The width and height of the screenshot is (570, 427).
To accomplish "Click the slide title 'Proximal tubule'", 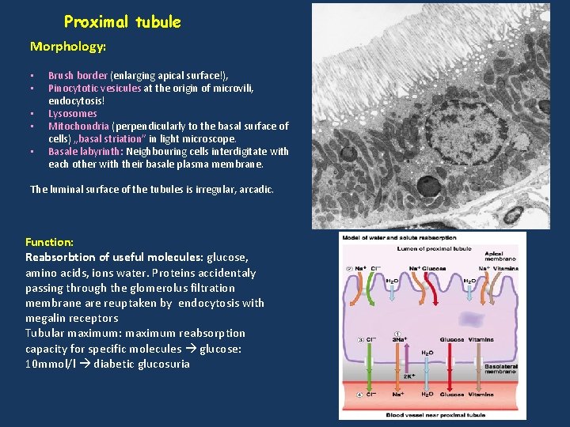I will point(122,22).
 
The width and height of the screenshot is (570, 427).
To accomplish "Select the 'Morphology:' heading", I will point(68,47).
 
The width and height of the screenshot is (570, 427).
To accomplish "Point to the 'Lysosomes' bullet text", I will point(73,114).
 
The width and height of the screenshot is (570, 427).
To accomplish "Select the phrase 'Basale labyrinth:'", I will point(85,152).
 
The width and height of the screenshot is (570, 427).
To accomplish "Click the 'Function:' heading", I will point(49,242).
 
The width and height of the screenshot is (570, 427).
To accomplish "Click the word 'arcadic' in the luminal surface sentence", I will point(253,190).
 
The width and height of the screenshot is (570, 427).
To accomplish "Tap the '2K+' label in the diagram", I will point(411,376).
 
